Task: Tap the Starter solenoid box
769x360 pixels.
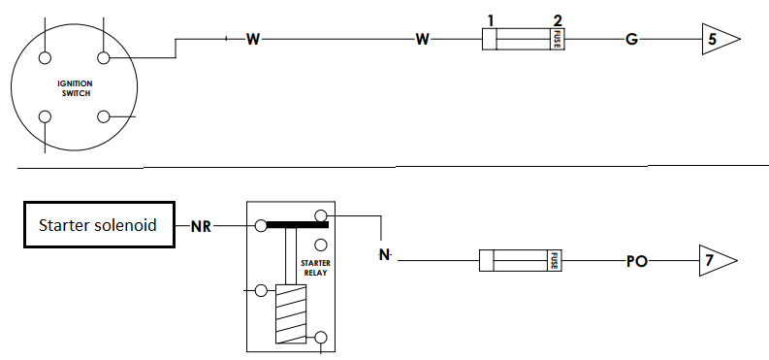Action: (100, 224)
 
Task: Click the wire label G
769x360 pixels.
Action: (631, 39)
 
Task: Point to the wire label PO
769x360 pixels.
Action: (637, 262)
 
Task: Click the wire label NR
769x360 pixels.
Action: (201, 227)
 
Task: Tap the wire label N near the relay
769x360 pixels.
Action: (384, 255)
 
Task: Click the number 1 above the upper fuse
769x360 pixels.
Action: (491, 21)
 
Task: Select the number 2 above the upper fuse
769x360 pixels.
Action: (558, 21)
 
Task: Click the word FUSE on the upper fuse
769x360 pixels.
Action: (558, 39)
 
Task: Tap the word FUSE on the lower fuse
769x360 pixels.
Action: (554, 260)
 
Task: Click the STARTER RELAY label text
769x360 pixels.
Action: (315, 268)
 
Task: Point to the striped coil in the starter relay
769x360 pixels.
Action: (291, 314)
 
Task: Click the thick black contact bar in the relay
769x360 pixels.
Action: (297, 224)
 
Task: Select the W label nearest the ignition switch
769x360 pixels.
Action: (252, 39)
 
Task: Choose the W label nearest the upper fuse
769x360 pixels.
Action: (422, 39)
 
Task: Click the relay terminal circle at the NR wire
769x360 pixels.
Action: (262, 226)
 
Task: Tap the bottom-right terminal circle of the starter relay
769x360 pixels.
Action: (320, 338)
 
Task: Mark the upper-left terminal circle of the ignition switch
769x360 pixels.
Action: (45, 58)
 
